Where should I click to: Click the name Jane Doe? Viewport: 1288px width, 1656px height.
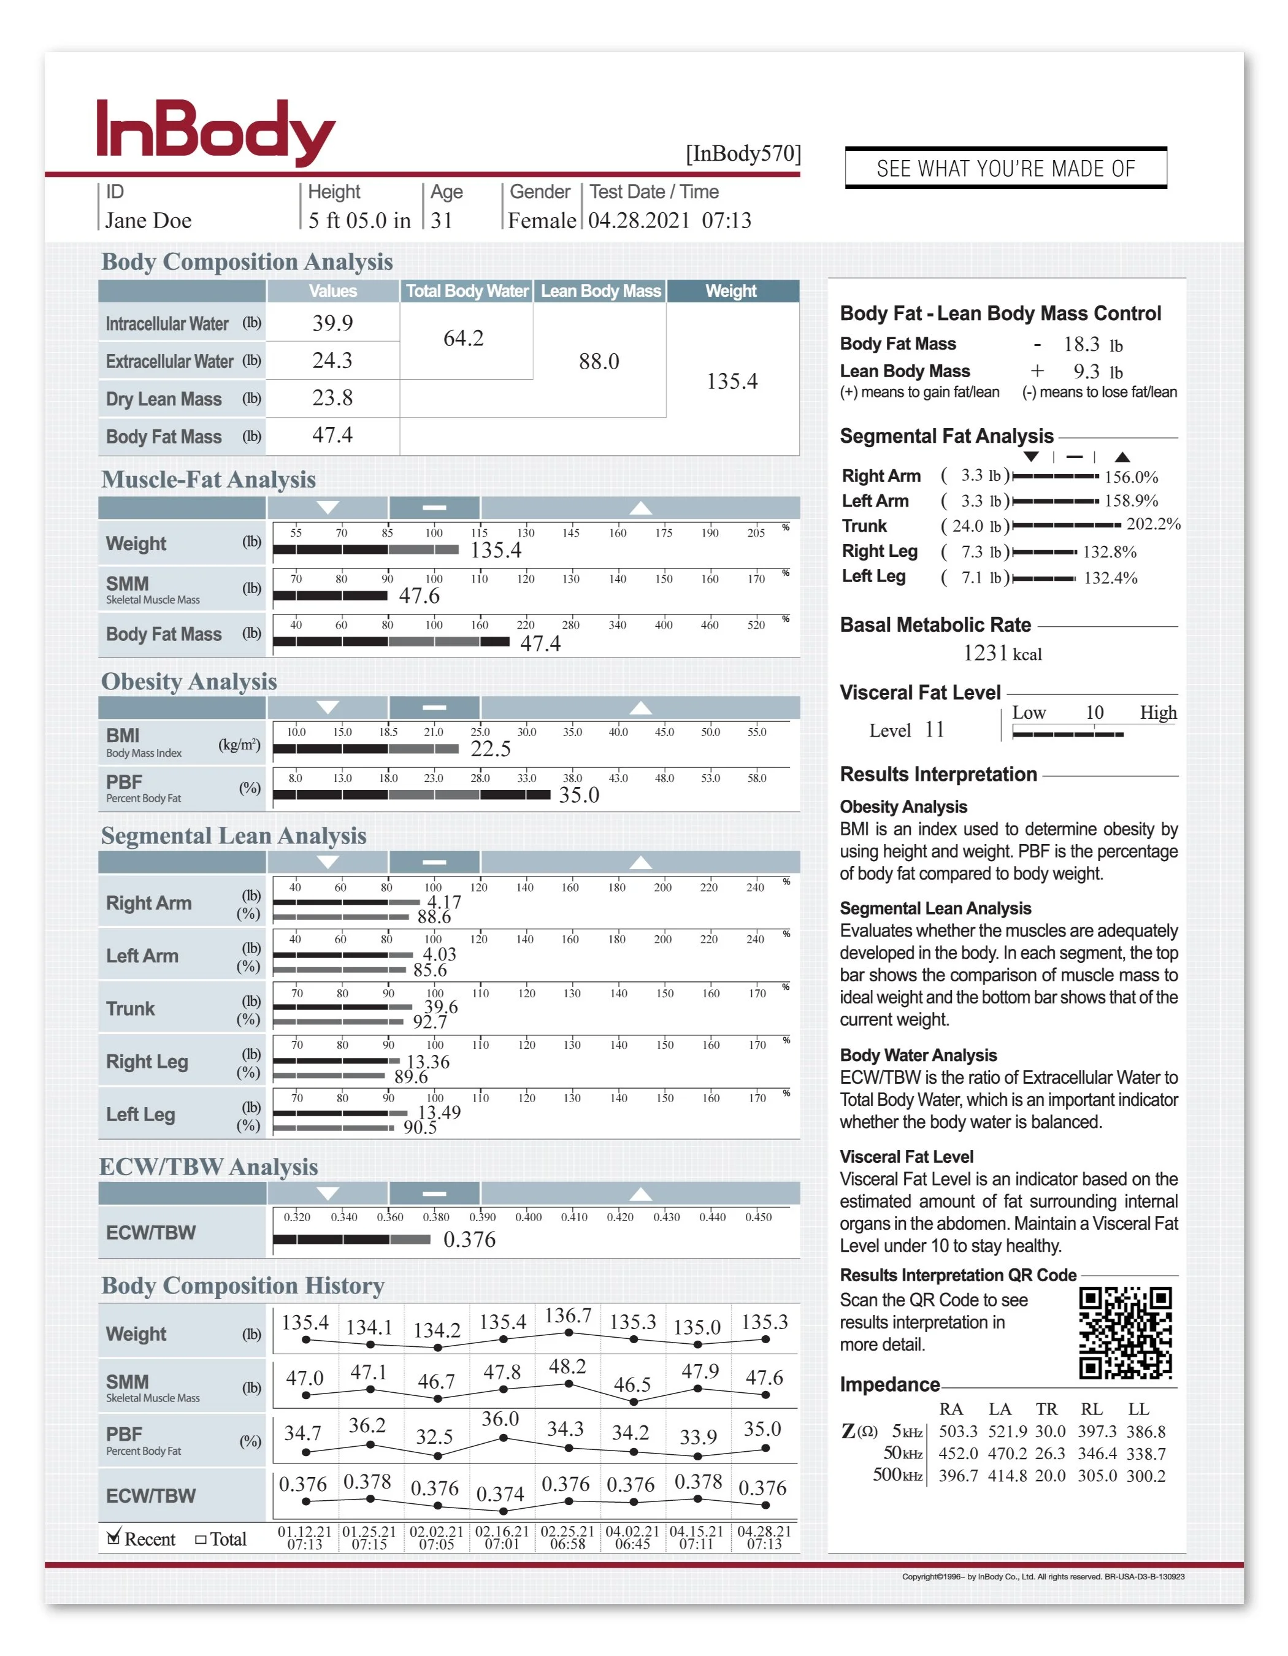coord(148,221)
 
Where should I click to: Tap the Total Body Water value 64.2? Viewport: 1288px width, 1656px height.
coord(463,338)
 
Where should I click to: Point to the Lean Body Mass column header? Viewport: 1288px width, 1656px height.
coord(600,291)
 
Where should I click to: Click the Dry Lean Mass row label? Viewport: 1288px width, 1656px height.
coord(164,399)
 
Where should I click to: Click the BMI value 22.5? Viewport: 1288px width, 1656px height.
coord(491,749)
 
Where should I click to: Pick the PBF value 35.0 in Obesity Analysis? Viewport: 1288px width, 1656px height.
coord(578,795)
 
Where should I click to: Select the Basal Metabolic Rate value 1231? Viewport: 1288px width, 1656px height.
coord(985,654)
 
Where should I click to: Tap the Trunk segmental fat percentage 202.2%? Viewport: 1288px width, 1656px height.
coord(1153,524)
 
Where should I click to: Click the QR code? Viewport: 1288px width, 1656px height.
coord(1125,1333)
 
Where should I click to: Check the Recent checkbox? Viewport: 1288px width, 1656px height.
coord(113,1538)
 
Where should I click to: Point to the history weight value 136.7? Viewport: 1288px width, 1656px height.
coord(568,1316)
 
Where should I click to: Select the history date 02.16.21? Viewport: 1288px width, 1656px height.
coord(502,1531)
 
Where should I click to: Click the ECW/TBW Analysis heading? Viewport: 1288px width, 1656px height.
coord(209,1167)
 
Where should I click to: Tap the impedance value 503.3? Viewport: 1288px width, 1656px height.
coord(957,1432)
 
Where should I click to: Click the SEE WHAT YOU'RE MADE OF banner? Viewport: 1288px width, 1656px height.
coord(1005,168)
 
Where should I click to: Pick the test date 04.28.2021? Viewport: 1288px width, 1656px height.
coord(639,221)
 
